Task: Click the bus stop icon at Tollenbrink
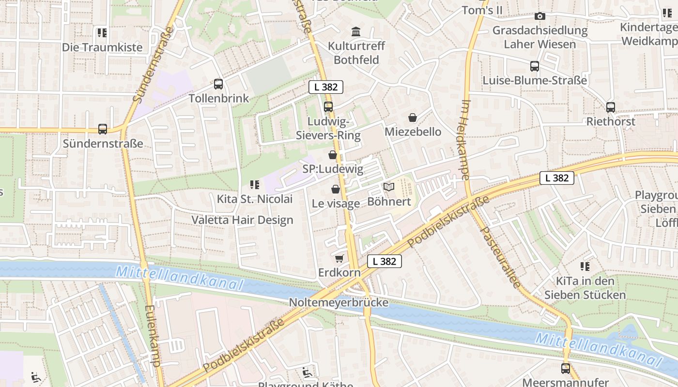(x=218, y=84)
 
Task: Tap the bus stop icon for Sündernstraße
(x=103, y=129)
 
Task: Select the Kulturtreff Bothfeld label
(x=356, y=53)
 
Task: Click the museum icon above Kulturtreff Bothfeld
(x=356, y=32)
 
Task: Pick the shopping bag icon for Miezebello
(x=413, y=118)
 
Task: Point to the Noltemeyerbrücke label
(x=339, y=302)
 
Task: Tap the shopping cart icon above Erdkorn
(x=339, y=259)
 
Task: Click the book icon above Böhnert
(x=389, y=187)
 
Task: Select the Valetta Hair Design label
(x=242, y=220)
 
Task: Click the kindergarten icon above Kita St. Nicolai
(x=255, y=184)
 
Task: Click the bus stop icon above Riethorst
(x=611, y=107)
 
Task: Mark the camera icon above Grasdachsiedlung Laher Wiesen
(x=540, y=16)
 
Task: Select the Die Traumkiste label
(x=102, y=47)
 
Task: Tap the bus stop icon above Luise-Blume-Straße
(x=535, y=66)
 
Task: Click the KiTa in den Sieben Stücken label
(x=585, y=288)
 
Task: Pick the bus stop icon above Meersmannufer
(x=566, y=369)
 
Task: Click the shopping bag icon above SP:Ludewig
(x=333, y=155)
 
